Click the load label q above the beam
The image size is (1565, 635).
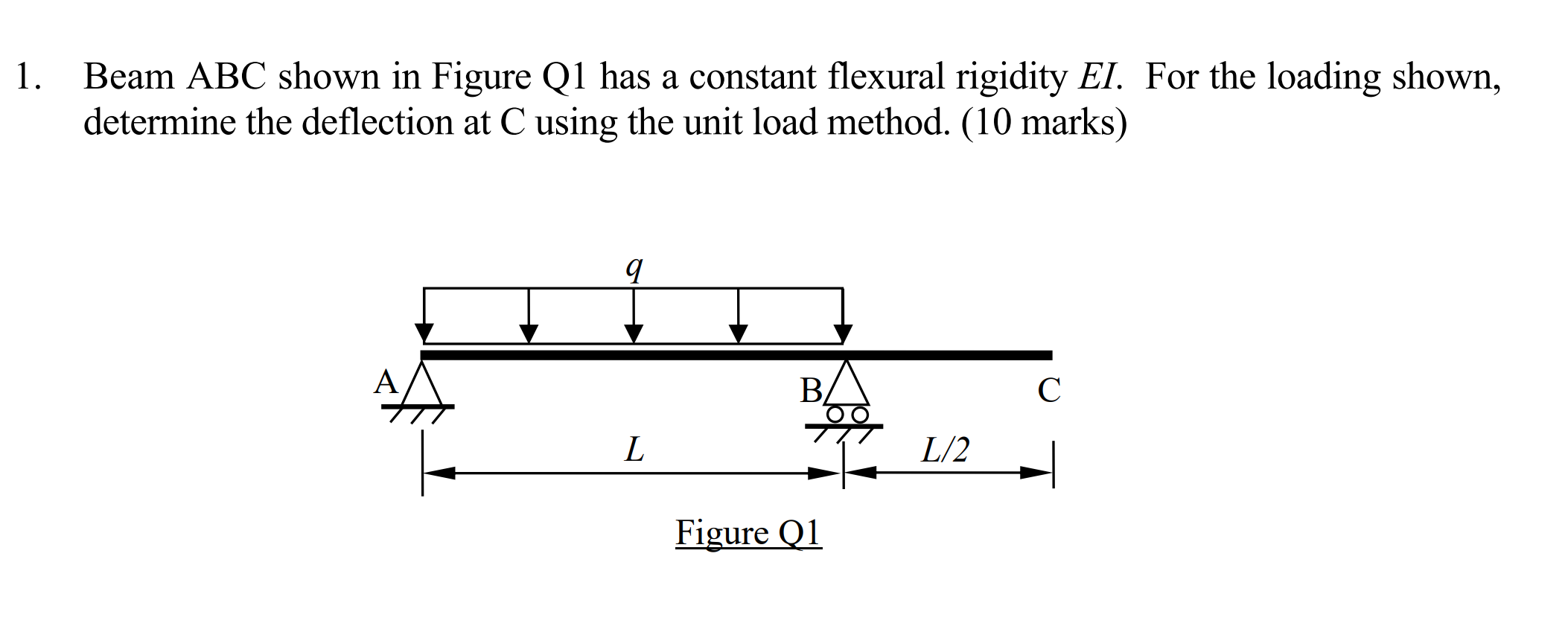(x=634, y=268)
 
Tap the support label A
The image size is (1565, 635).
(x=386, y=383)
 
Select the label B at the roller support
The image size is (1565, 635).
(x=811, y=391)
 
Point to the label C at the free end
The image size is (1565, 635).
(x=1049, y=390)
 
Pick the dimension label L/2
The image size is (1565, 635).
(x=946, y=450)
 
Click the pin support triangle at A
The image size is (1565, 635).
(x=422, y=385)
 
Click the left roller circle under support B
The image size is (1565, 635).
(x=835, y=414)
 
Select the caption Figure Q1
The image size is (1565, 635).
(x=748, y=533)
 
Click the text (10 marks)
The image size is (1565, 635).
(x=1044, y=122)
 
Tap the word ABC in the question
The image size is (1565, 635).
(x=226, y=77)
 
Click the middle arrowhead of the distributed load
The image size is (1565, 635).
(x=634, y=333)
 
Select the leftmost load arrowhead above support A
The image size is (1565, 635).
(x=424, y=333)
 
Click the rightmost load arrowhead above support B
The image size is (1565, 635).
(x=843, y=333)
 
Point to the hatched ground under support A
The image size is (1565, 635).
(x=418, y=414)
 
